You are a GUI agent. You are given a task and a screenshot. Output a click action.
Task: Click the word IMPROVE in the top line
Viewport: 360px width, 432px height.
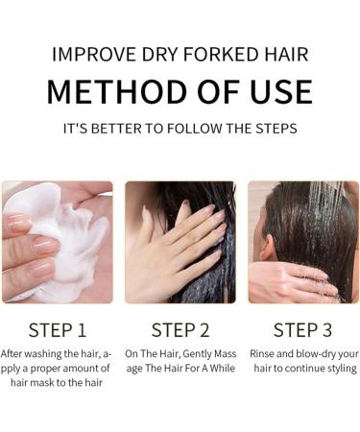[x=92, y=54]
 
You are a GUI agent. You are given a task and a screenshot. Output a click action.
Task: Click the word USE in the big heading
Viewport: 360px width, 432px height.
[x=277, y=91]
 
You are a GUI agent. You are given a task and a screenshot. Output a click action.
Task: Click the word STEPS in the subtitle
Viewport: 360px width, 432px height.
[x=272, y=128]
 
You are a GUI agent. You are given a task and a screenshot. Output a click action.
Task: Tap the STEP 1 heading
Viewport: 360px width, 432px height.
[x=58, y=330]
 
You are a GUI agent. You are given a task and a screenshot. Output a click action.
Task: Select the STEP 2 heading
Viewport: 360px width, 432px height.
[x=180, y=330]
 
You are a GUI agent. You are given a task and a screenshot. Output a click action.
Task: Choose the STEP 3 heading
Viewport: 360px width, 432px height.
[x=302, y=330]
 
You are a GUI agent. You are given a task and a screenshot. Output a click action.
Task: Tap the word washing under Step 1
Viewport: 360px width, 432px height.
[x=47, y=353]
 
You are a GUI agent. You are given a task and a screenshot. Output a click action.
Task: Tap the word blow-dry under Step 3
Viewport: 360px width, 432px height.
[x=316, y=353]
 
